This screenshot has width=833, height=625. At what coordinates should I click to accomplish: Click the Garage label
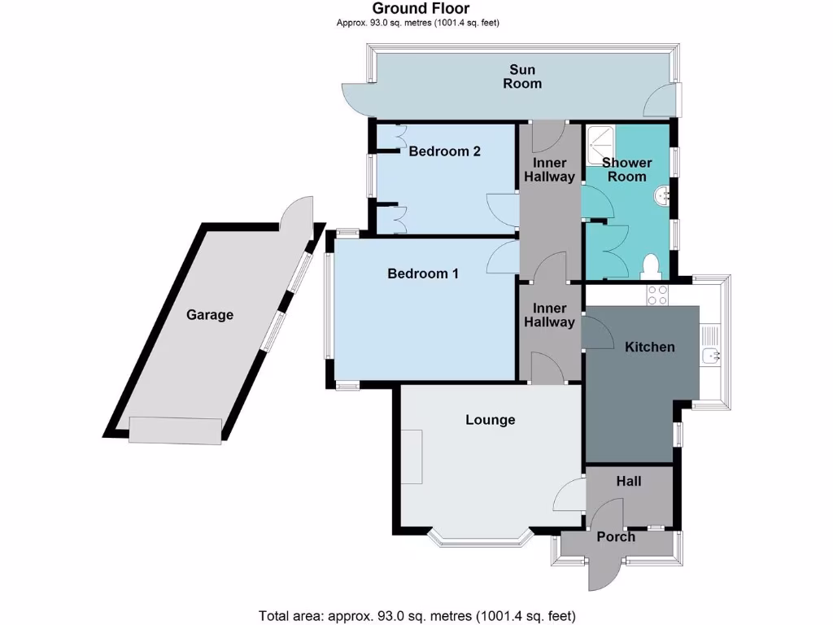click(x=210, y=314)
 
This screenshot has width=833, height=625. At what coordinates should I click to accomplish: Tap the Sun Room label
click(x=522, y=76)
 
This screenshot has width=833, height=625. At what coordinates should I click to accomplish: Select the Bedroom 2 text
click(x=444, y=151)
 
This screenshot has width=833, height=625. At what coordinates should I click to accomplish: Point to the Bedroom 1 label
click(x=423, y=273)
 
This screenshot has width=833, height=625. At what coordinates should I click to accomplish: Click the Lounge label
click(x=491, y=420)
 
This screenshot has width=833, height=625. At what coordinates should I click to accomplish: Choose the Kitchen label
click(x=649, y=347)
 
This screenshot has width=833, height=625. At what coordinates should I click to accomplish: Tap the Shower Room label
click(x=627, y=169)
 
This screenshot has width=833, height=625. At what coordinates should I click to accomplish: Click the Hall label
click(x=629, y=481)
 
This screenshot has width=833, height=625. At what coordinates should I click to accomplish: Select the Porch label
click(x=616, y=536)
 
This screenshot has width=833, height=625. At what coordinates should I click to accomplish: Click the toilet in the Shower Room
click(x=649, y=265)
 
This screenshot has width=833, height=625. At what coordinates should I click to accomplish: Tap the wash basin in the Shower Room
click(x=663, y=195)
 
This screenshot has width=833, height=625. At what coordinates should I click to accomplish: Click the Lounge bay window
click(x=480, y=539)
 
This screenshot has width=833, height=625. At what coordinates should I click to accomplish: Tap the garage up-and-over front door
click(x=176, y=431)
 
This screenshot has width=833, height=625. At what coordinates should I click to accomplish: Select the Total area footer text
click(x=417, y=615)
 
